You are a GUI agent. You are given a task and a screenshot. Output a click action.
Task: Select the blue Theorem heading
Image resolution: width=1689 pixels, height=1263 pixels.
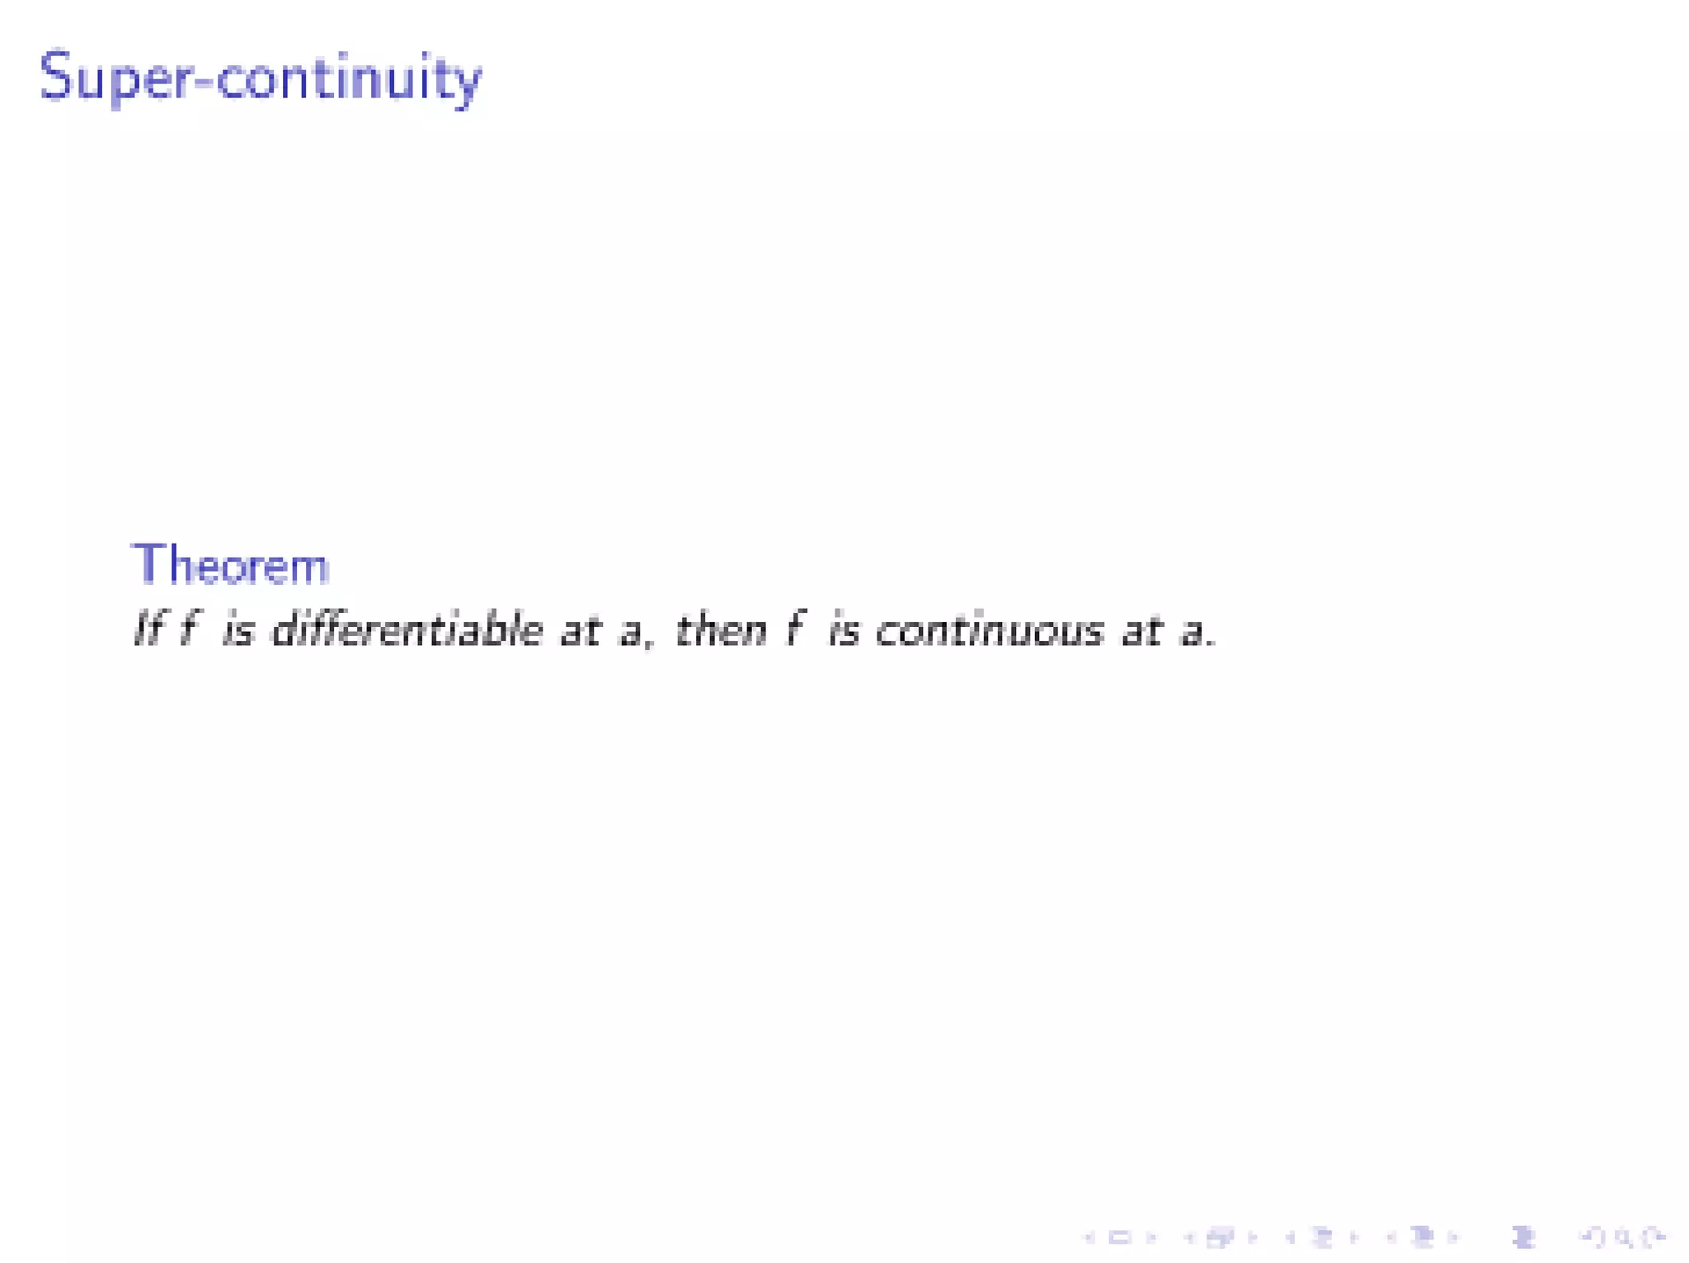pos(230,566)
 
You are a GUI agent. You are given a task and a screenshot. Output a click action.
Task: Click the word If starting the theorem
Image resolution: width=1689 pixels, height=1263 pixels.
pos(148,630)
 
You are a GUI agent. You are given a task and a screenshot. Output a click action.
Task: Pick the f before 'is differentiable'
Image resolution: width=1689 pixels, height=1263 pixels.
pos(190,630)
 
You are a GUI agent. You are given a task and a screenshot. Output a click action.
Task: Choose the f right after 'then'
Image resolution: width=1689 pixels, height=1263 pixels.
pos(794,630)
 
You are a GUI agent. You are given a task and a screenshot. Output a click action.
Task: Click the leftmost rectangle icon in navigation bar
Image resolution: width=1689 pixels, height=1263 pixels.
pos(1119,1237)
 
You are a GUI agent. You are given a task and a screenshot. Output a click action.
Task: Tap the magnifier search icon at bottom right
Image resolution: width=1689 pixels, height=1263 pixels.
pos(1623,1237)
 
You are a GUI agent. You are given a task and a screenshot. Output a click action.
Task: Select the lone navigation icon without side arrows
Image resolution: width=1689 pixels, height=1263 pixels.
pos(1522,1237)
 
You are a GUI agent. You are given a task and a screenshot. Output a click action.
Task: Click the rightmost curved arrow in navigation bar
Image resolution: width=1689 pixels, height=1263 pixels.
pos(1653,1237)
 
